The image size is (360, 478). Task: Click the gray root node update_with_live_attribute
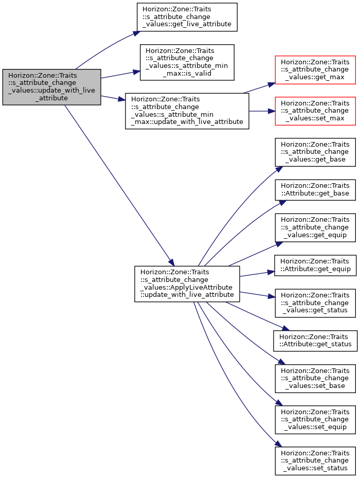pos(51,87)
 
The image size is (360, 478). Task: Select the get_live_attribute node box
pos(187,17)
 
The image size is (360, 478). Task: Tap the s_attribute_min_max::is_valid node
pos(187,62)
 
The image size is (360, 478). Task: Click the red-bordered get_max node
pos(315,70)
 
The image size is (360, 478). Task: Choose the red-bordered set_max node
pos(315,111)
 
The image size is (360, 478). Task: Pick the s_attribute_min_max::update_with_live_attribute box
pos(187,111)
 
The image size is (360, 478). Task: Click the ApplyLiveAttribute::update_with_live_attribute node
pos(187,284)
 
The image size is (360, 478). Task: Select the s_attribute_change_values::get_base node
pos(315,152)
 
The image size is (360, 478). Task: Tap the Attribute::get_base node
pos(315,190)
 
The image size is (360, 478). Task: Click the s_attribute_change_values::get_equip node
pos(315,228)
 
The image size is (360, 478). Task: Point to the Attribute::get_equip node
pos(315,265)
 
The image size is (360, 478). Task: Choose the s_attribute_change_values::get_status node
pos(315,303)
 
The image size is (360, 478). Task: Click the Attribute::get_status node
pos(315,341)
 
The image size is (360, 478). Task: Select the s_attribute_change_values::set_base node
pos(315,379)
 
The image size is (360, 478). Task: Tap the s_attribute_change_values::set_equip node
pos(315,420)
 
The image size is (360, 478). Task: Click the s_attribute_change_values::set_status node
pos(315,461)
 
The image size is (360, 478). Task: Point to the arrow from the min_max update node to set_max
pos(262,111)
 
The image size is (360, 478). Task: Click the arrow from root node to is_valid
pos(120,75)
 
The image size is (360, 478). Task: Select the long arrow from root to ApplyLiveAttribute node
pos(119,186)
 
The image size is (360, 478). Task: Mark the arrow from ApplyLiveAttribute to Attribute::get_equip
pos(257,274)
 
